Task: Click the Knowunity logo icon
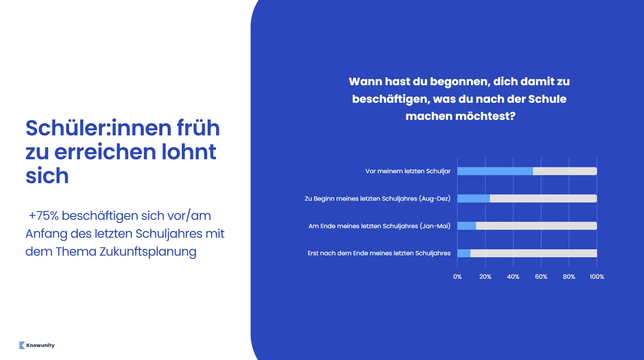pos(22,345)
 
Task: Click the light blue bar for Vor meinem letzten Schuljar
pos(495,171)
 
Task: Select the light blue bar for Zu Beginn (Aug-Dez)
pos(474,198)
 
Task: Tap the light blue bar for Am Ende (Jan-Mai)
pos(466,226)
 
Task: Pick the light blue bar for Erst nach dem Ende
pos(464,253)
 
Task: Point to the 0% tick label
pos(457,277)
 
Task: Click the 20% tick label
pos(485,277)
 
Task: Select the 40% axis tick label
pos(513,277)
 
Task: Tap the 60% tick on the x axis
pos(541,277)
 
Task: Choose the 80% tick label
pos(569,277)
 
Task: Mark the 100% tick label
pos(597,277)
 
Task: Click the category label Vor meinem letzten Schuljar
pos(408,171)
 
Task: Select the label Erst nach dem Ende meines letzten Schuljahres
pos(379,253)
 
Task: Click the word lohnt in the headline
pos(189,152)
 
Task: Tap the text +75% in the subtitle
pos(44,215)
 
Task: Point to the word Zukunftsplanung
pos(148,252)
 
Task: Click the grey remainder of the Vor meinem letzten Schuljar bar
pos(564,171)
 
